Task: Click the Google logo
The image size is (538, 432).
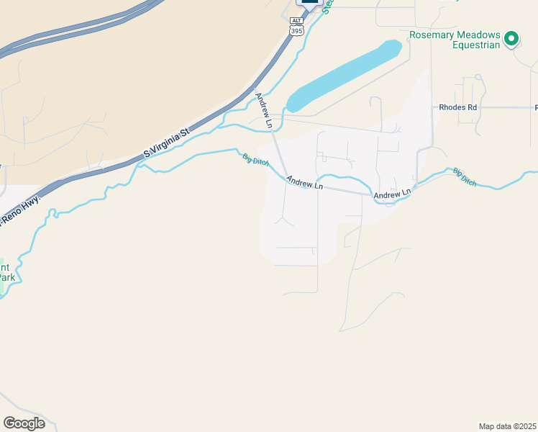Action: [x=24, y=423]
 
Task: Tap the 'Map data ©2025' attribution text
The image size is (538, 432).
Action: [x=508, y=426]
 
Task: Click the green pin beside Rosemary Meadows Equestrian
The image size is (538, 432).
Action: [x=511, y=38]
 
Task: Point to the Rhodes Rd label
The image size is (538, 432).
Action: [x=457, y=107]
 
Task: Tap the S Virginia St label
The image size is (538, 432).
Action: [x=166, y=143]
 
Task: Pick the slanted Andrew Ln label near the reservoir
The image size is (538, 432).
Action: [x=263, y=110]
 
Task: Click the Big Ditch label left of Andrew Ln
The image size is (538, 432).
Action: [x=255, y=159]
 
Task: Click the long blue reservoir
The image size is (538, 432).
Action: [x=344, y=76]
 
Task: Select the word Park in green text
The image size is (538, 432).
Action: [x=6, y=277]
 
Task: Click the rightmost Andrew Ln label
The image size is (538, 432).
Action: [x=391, y=194]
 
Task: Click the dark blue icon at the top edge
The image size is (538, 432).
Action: [x=309, y=2]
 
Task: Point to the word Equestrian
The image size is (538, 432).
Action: [x=475, y=45]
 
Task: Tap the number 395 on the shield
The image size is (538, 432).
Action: [x=297, y=31]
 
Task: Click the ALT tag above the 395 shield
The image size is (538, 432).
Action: [x=297, y=20]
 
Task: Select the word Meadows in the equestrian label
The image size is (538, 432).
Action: [x=475, y=35]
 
